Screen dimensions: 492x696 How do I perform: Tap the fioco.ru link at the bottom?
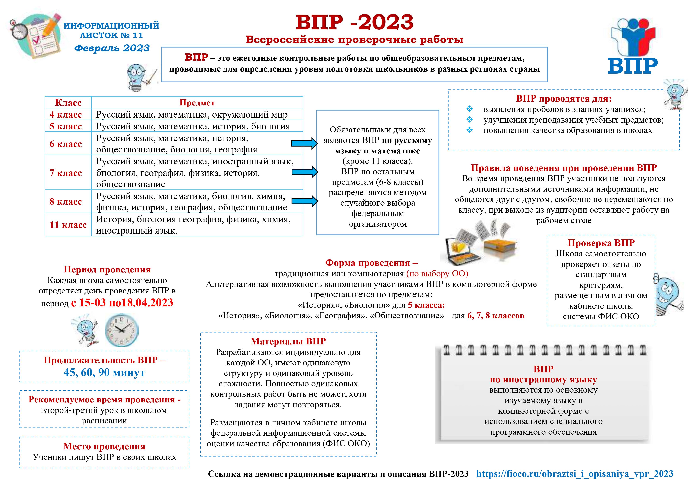(x=575, y=474)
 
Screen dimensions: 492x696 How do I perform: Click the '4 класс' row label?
(x=65, y=115)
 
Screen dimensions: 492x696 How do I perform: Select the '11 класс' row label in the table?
(x=68, y=225)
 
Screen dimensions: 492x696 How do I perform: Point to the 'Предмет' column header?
(x=197, y=103)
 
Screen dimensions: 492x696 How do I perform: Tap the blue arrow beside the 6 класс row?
(x=304, y=143)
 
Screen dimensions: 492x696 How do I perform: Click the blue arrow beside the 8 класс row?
(x=304, y=201)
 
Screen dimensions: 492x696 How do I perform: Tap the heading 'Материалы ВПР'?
(x=288, y=341)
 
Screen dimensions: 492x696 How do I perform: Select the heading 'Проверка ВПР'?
(x=601, y=243)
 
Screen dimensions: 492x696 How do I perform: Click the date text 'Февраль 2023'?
(x=112, y=48)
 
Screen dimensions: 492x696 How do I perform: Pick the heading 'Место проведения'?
(x=104, y=446)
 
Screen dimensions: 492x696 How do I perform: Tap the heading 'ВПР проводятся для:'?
(x=564, y=99)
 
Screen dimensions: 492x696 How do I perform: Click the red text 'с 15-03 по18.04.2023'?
(x=122, y=303)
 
